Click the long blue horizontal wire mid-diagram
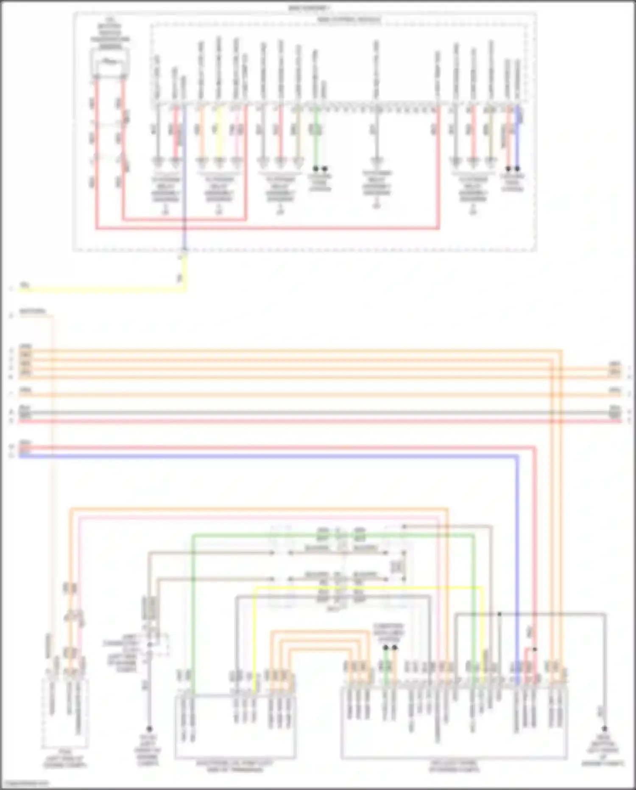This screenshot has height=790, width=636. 271,456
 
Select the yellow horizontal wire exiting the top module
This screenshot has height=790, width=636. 102,290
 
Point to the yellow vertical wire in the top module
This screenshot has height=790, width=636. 219,136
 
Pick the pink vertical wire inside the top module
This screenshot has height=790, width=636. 237,136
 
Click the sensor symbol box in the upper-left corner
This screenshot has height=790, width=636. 110,62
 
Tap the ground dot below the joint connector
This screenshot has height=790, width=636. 149,729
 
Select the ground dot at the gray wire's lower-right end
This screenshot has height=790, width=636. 605,729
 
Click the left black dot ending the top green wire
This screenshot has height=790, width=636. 315,169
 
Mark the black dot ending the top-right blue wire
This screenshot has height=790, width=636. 517,169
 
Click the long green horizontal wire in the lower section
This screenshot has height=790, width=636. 331,536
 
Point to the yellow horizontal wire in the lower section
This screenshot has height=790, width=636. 365,588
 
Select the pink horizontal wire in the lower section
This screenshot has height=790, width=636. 254,518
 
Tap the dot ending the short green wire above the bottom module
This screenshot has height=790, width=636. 385,648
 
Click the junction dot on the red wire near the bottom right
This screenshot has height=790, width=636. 535,649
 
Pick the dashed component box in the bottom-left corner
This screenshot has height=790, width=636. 64,713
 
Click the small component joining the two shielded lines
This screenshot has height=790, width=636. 397,566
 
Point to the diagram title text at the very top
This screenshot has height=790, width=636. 310,8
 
